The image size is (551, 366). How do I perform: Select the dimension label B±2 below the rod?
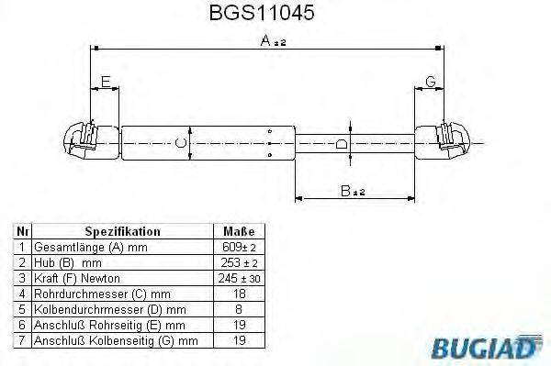coord(347,191)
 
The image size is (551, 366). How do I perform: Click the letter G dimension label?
coord(430,83)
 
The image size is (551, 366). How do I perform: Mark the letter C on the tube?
coord(180,143)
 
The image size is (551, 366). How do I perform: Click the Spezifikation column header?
coord(122,232)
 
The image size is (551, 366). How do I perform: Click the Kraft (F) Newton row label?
coord(77,279)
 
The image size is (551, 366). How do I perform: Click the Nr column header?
coord(23,232)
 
